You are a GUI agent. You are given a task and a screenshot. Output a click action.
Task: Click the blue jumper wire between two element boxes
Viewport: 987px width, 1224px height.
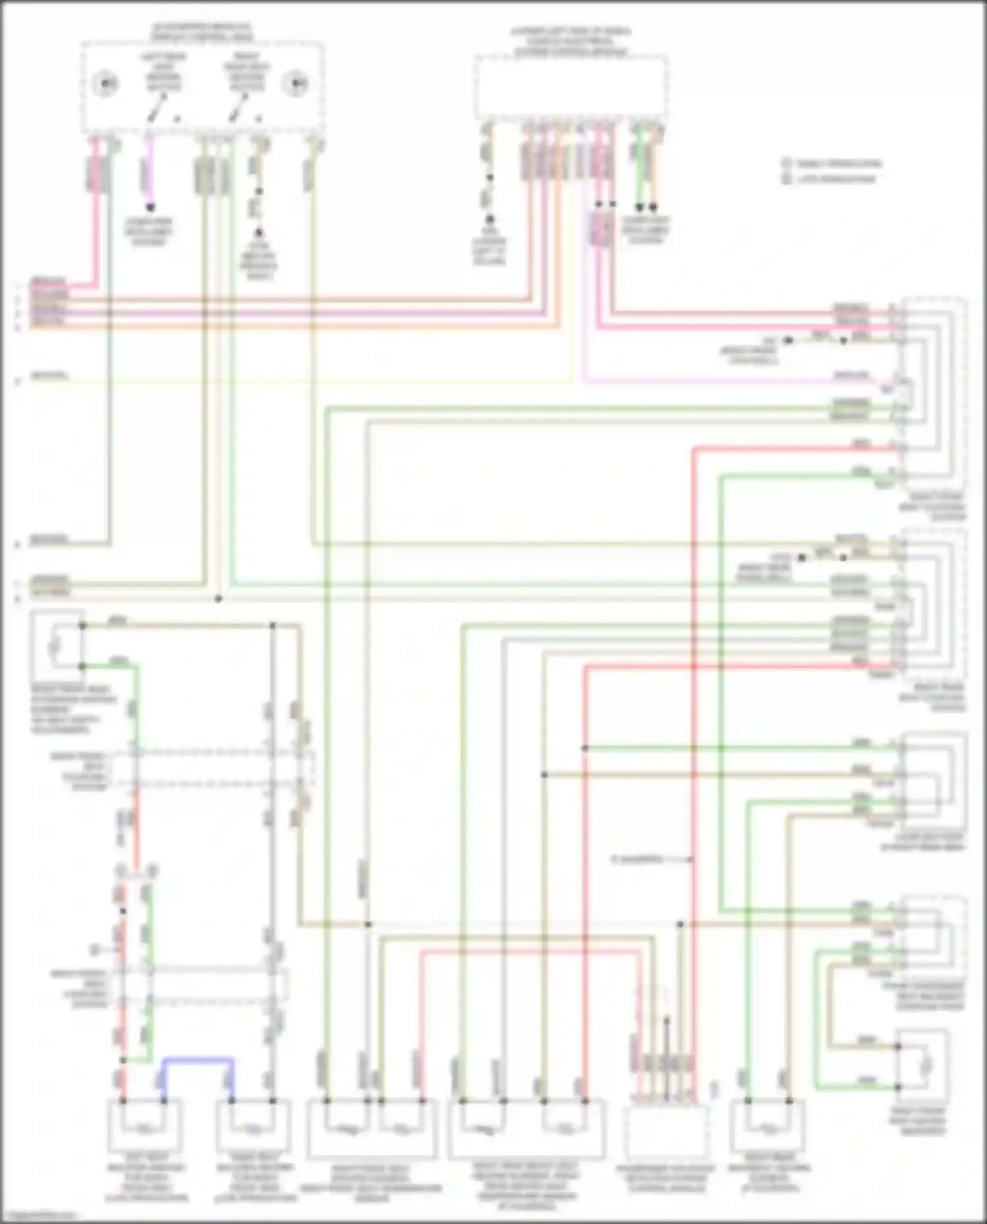click(x=197, y=1058)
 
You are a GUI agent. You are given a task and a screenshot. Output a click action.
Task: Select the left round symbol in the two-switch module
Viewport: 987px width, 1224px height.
click(x=105, y=84)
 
